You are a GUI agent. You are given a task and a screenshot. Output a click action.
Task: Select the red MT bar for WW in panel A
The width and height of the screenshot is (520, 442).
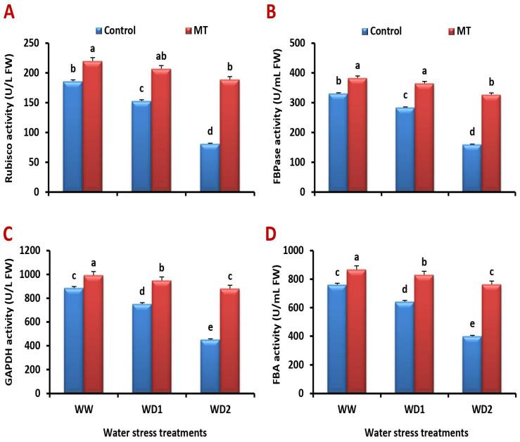tap(93, 126)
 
